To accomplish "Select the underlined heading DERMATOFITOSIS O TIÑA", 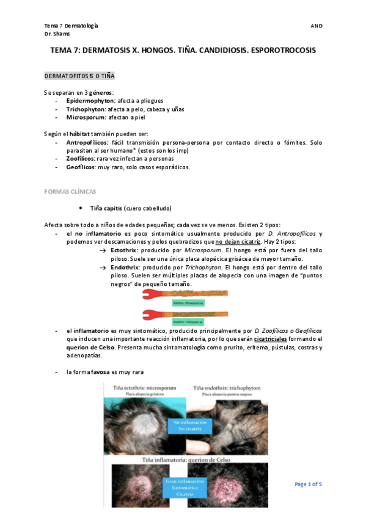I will coord(79,76).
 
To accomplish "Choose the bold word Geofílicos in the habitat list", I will coord(82,167).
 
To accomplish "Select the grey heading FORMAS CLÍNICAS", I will coord(70,192).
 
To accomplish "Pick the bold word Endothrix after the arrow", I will coord(125,268).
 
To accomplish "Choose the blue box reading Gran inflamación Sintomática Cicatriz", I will coord(184,487).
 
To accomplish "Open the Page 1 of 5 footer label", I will coord(308,484).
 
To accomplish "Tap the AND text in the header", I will coord(316,26).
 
